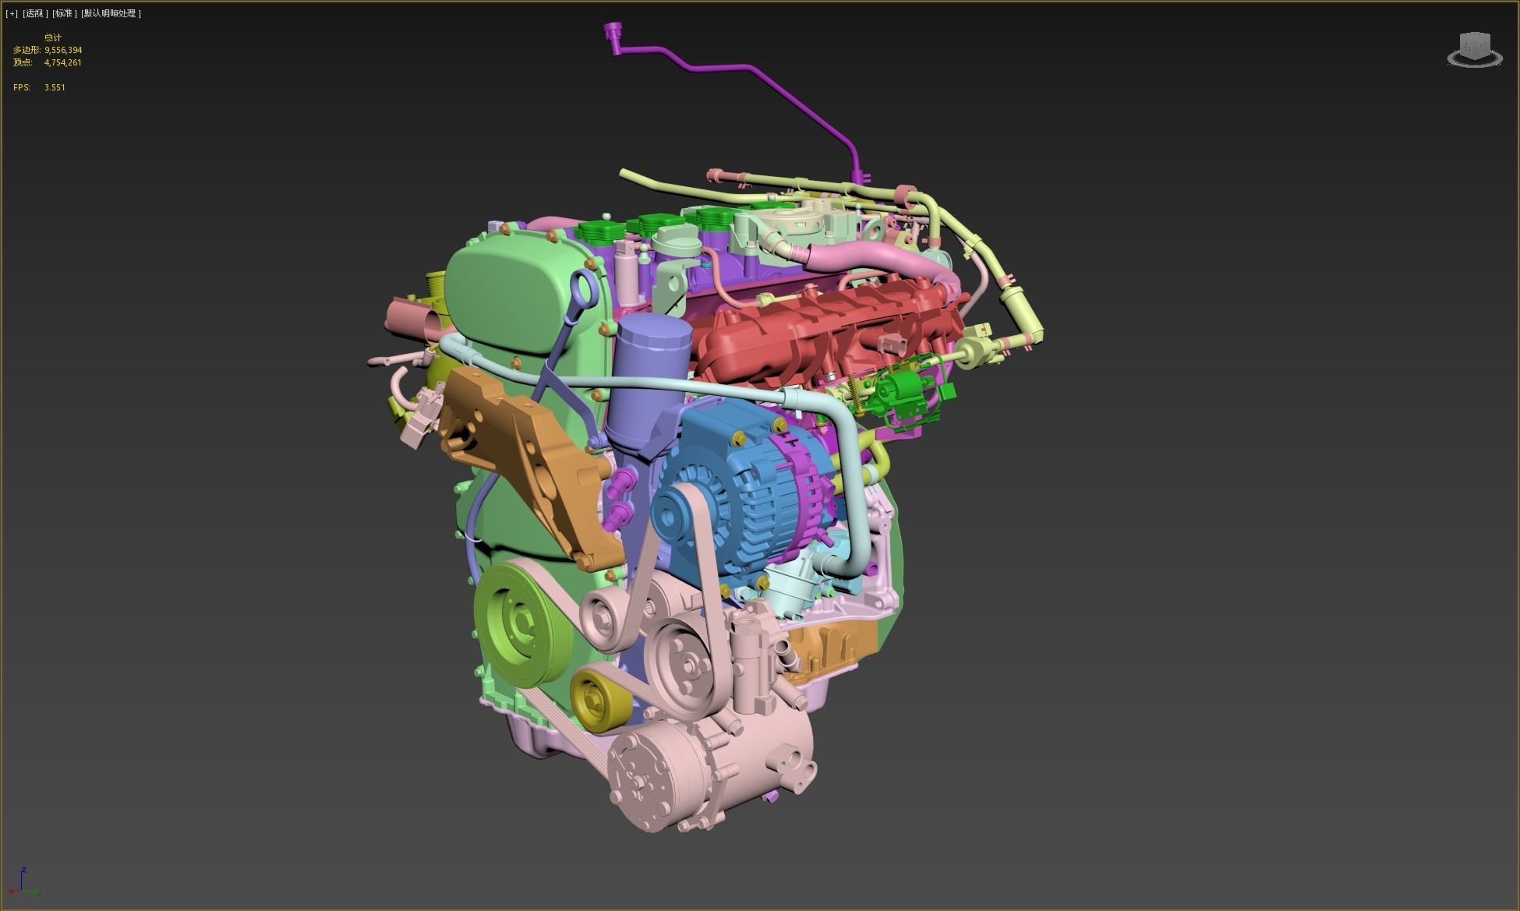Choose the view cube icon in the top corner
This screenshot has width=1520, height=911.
1474,51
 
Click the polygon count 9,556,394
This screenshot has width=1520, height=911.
63,50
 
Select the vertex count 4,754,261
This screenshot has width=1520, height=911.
63,62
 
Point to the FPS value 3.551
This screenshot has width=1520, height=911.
55,87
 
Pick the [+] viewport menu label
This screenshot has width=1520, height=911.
11,13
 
